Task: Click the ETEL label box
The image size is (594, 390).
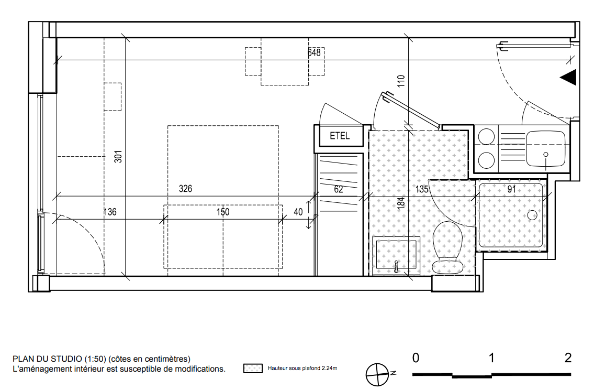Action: tap(340, 136)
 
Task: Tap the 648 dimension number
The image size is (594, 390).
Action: tap(314, 52)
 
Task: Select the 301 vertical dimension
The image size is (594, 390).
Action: tap(118, 156)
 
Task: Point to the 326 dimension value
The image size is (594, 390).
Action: tap(185, 189)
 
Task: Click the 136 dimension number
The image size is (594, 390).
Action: tap(110, 212)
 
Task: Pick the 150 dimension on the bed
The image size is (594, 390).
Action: tap(223, 212)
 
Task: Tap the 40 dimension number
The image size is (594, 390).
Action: tap(298, 212)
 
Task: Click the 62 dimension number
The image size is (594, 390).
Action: tap(338, 189)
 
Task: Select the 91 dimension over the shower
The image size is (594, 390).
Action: tap(511, 189)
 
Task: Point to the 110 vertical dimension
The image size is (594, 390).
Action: tap(401, 81)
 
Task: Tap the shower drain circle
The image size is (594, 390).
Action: tap(532, 215)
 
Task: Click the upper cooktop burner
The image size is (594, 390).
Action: tap(486, 137)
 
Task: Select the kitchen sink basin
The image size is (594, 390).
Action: tap(545, 149)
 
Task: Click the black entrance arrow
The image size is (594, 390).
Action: tap(568, 78)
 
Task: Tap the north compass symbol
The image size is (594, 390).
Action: tap(378, 374)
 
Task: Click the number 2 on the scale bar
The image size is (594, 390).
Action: tap(568, 357)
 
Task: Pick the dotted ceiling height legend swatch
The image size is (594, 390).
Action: tap(253, 368)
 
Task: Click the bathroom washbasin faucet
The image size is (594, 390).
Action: tap(396, 267)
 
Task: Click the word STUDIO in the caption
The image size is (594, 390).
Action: tap(66, 359)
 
